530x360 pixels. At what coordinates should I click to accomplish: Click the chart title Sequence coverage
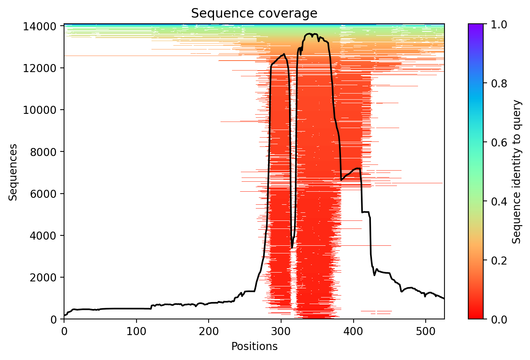pyautogui.click(x=254, y=13)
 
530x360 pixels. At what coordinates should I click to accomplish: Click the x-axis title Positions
pyautogui.click(x=254, y=347)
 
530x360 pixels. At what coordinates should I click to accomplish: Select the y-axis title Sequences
pyautogui.click(x=13, y=172)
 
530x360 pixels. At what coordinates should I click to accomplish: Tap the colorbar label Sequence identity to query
pyautogui.click(x=517, y=172)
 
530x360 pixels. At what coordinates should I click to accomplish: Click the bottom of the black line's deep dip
pyautogui.click(x=292, y=248)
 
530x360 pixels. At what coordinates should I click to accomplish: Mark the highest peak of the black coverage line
pyautogui.click(x=309, y=34)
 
